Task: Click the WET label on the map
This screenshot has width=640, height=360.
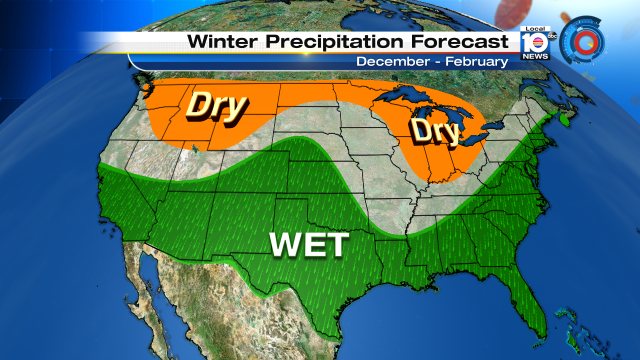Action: (307, 244)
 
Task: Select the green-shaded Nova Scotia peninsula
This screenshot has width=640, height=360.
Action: (567, 117)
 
